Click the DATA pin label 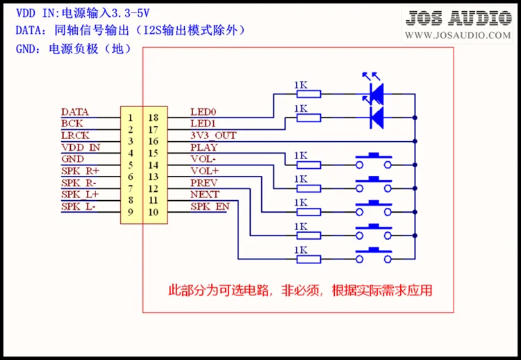point(74,111)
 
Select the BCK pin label point(72,123)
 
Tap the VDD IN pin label point(81,147)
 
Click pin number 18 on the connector point(154,117)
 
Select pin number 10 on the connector point(154,212)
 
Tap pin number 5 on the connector point(131,165)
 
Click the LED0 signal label point(204,111)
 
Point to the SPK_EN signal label point(210,206)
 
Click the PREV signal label point(204,183)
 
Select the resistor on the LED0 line point(308,93)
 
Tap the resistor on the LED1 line point(308,117)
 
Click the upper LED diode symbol point(376,91)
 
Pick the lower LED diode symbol point(376,116)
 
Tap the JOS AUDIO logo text point(459,19)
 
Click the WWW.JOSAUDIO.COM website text point(459,35)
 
